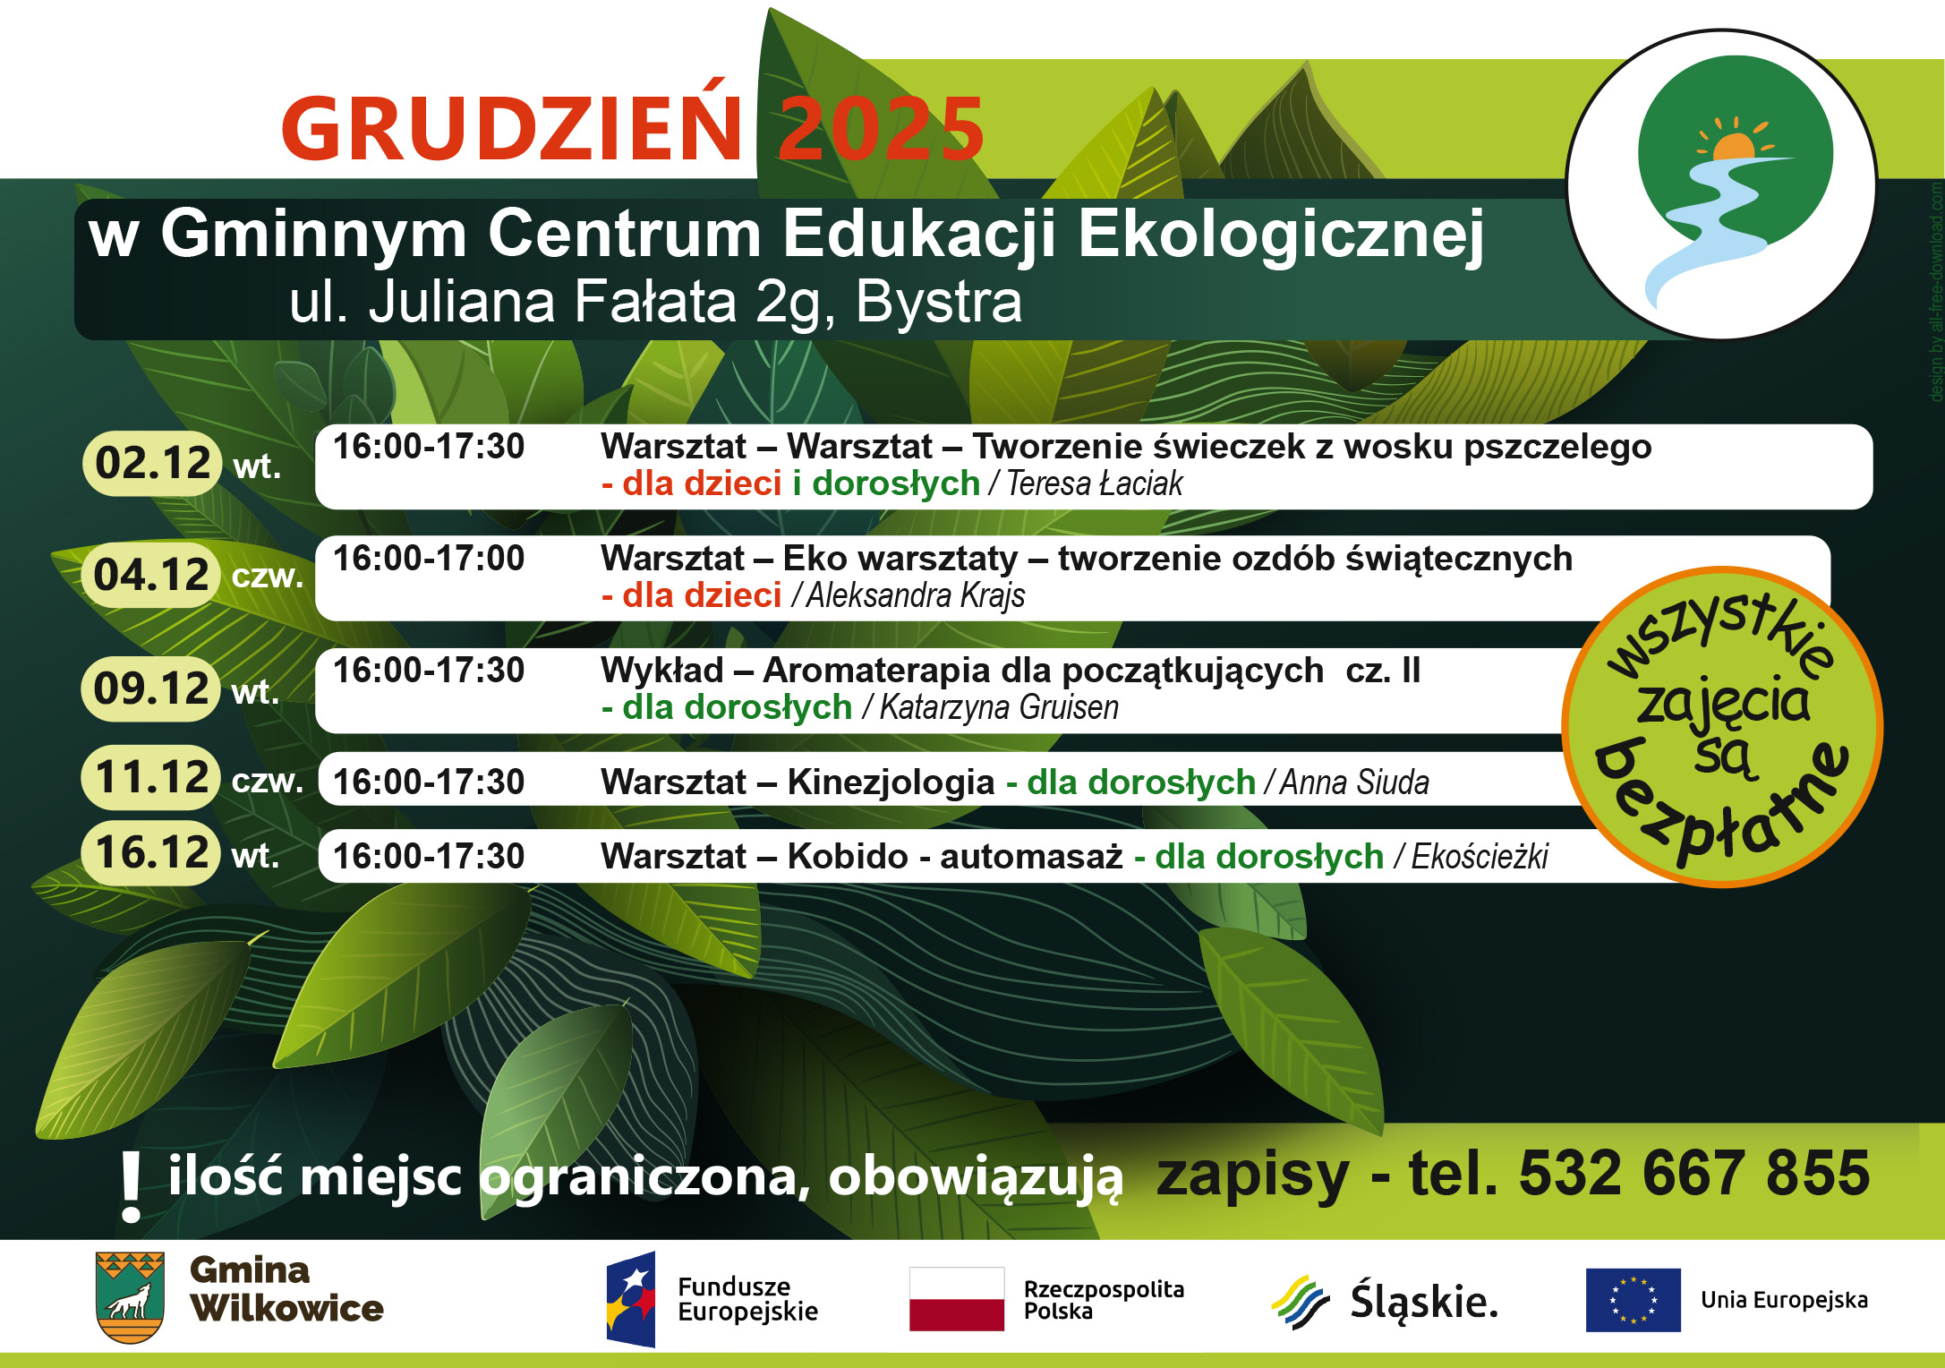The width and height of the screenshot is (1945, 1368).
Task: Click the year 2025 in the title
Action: coord(881,129)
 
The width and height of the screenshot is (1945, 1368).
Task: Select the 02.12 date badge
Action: coord(151,463)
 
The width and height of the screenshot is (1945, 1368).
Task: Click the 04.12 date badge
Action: coord(151,575)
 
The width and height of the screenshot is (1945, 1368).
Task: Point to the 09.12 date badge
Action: coord(151,688)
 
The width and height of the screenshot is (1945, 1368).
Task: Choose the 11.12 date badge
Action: coord(151,776)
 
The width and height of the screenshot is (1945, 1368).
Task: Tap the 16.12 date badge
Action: coord(151,852)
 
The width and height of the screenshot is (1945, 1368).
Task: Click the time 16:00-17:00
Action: coord(429,559)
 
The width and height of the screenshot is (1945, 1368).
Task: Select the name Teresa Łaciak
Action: coord(1095,483)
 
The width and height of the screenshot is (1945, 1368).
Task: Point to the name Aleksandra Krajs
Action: coord(916,595)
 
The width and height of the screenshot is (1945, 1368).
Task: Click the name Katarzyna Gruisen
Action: coord(999,707)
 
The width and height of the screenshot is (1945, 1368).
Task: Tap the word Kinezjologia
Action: coord(891,782)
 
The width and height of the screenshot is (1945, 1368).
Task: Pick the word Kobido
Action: coord(848,856)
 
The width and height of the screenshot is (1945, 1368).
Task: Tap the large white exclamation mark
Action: coord(132,1186)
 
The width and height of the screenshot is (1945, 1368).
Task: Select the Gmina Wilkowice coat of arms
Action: coord(130,1297)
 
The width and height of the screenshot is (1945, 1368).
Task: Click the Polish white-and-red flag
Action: coord(957,1299)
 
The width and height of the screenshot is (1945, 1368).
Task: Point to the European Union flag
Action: coord(1634,1300)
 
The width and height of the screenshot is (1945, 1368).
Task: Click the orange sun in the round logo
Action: coord(1734,146)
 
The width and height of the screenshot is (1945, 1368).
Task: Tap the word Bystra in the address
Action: coord(938,302)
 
